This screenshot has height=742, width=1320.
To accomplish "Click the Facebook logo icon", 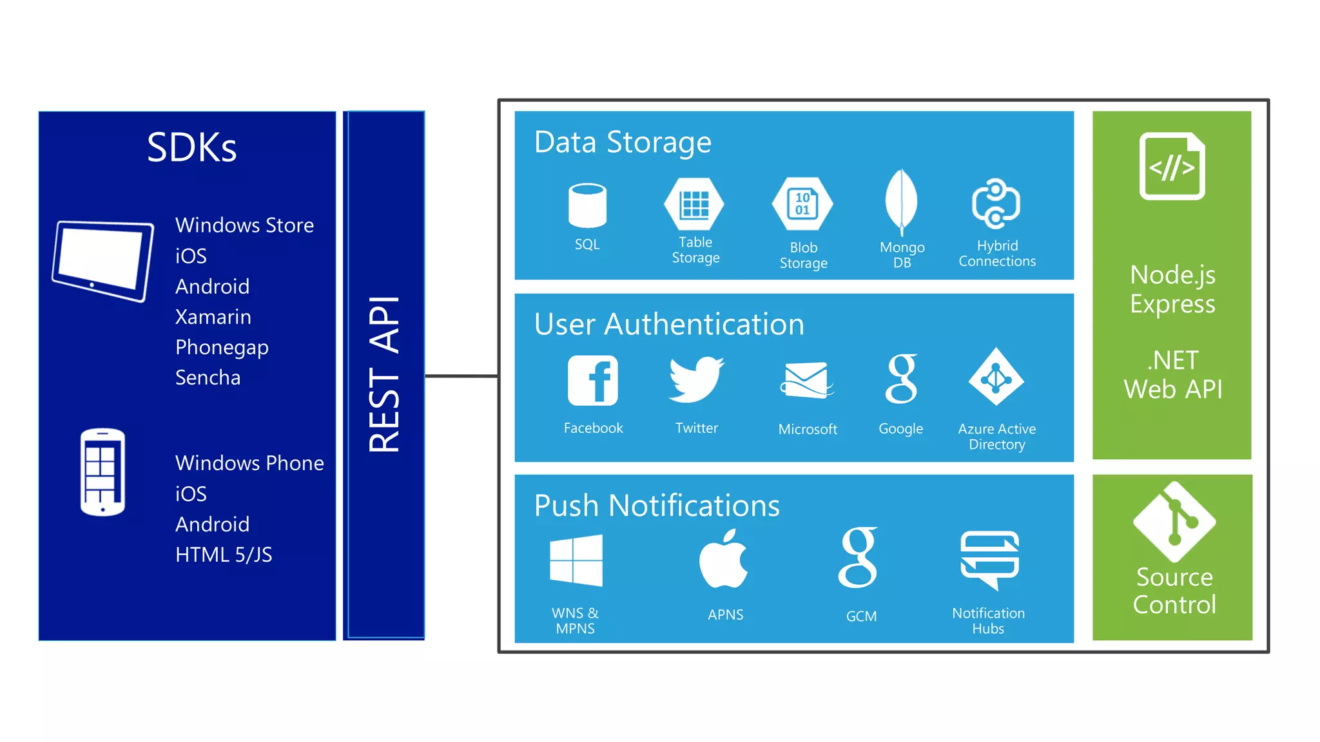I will [592, 380].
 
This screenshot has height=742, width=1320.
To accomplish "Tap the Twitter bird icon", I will [696, 380].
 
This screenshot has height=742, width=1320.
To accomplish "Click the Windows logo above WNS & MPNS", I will [576, 560].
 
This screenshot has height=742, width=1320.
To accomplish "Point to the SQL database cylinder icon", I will [587, 205].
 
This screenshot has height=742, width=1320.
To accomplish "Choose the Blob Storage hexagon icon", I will [802, 204].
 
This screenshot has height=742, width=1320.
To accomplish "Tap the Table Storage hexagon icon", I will [694, 204].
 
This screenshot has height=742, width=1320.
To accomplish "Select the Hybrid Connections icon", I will [996, 204].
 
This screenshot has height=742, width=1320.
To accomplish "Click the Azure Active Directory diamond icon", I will [996, 377].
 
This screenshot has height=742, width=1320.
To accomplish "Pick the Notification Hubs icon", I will [989, 558].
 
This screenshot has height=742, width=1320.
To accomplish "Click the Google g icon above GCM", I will [859, 558].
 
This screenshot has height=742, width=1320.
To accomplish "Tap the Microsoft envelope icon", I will [806, 380].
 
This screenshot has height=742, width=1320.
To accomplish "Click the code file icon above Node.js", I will [1172, 166].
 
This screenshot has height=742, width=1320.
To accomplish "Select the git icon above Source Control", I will [1174, 522].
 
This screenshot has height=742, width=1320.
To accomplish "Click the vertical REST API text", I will [384, 374].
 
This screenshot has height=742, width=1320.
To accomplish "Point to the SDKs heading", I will [191, 147].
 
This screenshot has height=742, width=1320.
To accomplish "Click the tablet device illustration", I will [104, 260].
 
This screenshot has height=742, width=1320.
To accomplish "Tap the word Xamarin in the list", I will [213, 317].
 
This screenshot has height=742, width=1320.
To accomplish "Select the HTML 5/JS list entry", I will [224, 555].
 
